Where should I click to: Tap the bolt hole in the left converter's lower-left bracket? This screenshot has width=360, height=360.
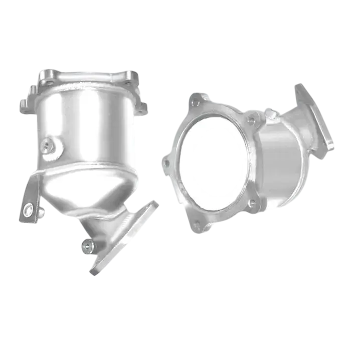coord(28,207)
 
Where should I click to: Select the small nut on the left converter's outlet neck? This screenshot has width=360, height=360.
coord(87,245)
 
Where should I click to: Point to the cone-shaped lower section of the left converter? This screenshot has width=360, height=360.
coord(88,191)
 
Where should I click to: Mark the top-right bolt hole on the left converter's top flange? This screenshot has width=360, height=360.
coord(131,75)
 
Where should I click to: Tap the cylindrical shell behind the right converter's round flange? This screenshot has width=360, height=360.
coord(283,165)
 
